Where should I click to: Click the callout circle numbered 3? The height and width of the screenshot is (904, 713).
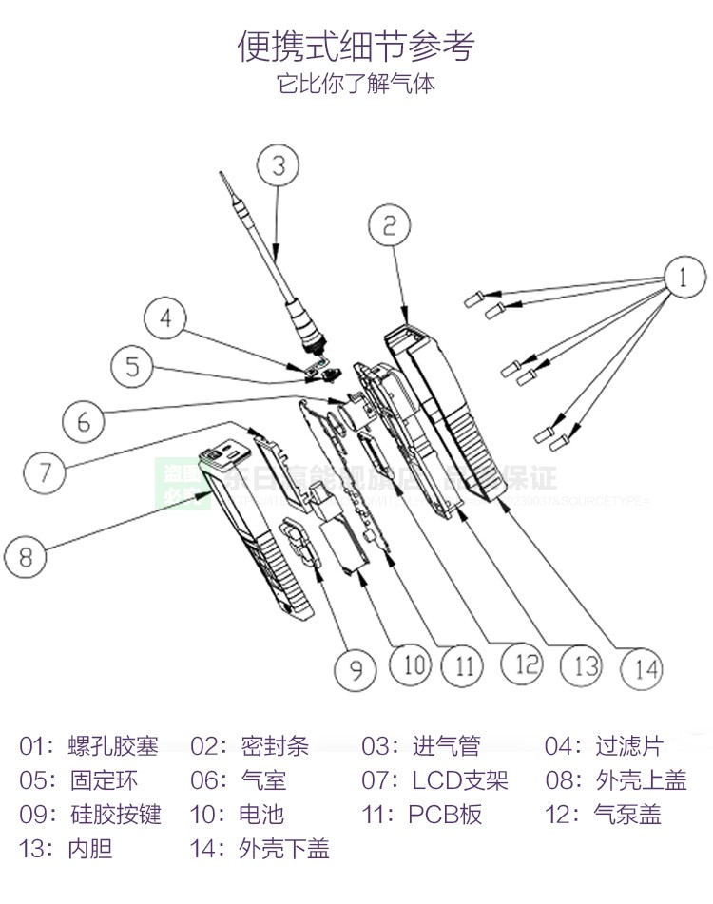pyautogui.click(x=278, y=165)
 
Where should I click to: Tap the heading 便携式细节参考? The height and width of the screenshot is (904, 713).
pyautogui.click(x=356, y=46)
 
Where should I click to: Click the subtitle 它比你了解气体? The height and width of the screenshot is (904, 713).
pyautogui.click(x=356, y=84)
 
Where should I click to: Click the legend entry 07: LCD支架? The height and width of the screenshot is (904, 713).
pyautogui.click(x=434, y=780)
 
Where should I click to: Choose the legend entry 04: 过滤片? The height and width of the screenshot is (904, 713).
pyautogui.click(x=603, y=746)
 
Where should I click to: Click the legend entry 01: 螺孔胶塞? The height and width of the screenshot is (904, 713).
pyautogui.click(x=88, y=746)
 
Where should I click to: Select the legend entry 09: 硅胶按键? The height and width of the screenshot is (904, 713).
pyautogui.click(x=89, y=815)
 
